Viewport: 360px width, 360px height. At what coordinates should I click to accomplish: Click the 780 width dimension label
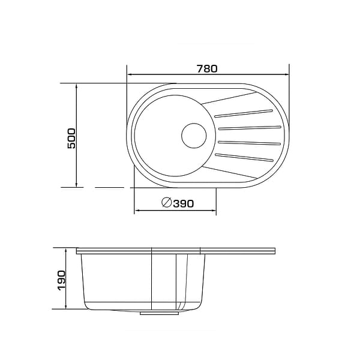click(x=207, y=69)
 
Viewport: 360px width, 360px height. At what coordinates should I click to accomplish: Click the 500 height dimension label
click(x=71, y=139)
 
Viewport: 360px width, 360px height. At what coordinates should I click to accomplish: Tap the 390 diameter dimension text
click(x=184, y=203)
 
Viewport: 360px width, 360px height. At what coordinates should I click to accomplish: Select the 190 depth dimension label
click(x=62, y=281)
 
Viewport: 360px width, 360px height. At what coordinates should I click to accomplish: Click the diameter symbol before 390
click(x=167, y=202)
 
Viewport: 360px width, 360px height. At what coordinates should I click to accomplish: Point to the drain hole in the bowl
click(x=194, y=136)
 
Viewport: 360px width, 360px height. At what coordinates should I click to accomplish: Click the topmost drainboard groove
click(x=244, y=113)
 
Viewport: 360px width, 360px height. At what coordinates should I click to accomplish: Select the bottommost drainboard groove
click(x=244, y=157)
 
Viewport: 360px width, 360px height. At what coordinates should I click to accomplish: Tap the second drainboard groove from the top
click(x=250, y=128)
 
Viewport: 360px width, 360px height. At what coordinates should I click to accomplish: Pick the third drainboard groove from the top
click(x=250, y=143)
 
